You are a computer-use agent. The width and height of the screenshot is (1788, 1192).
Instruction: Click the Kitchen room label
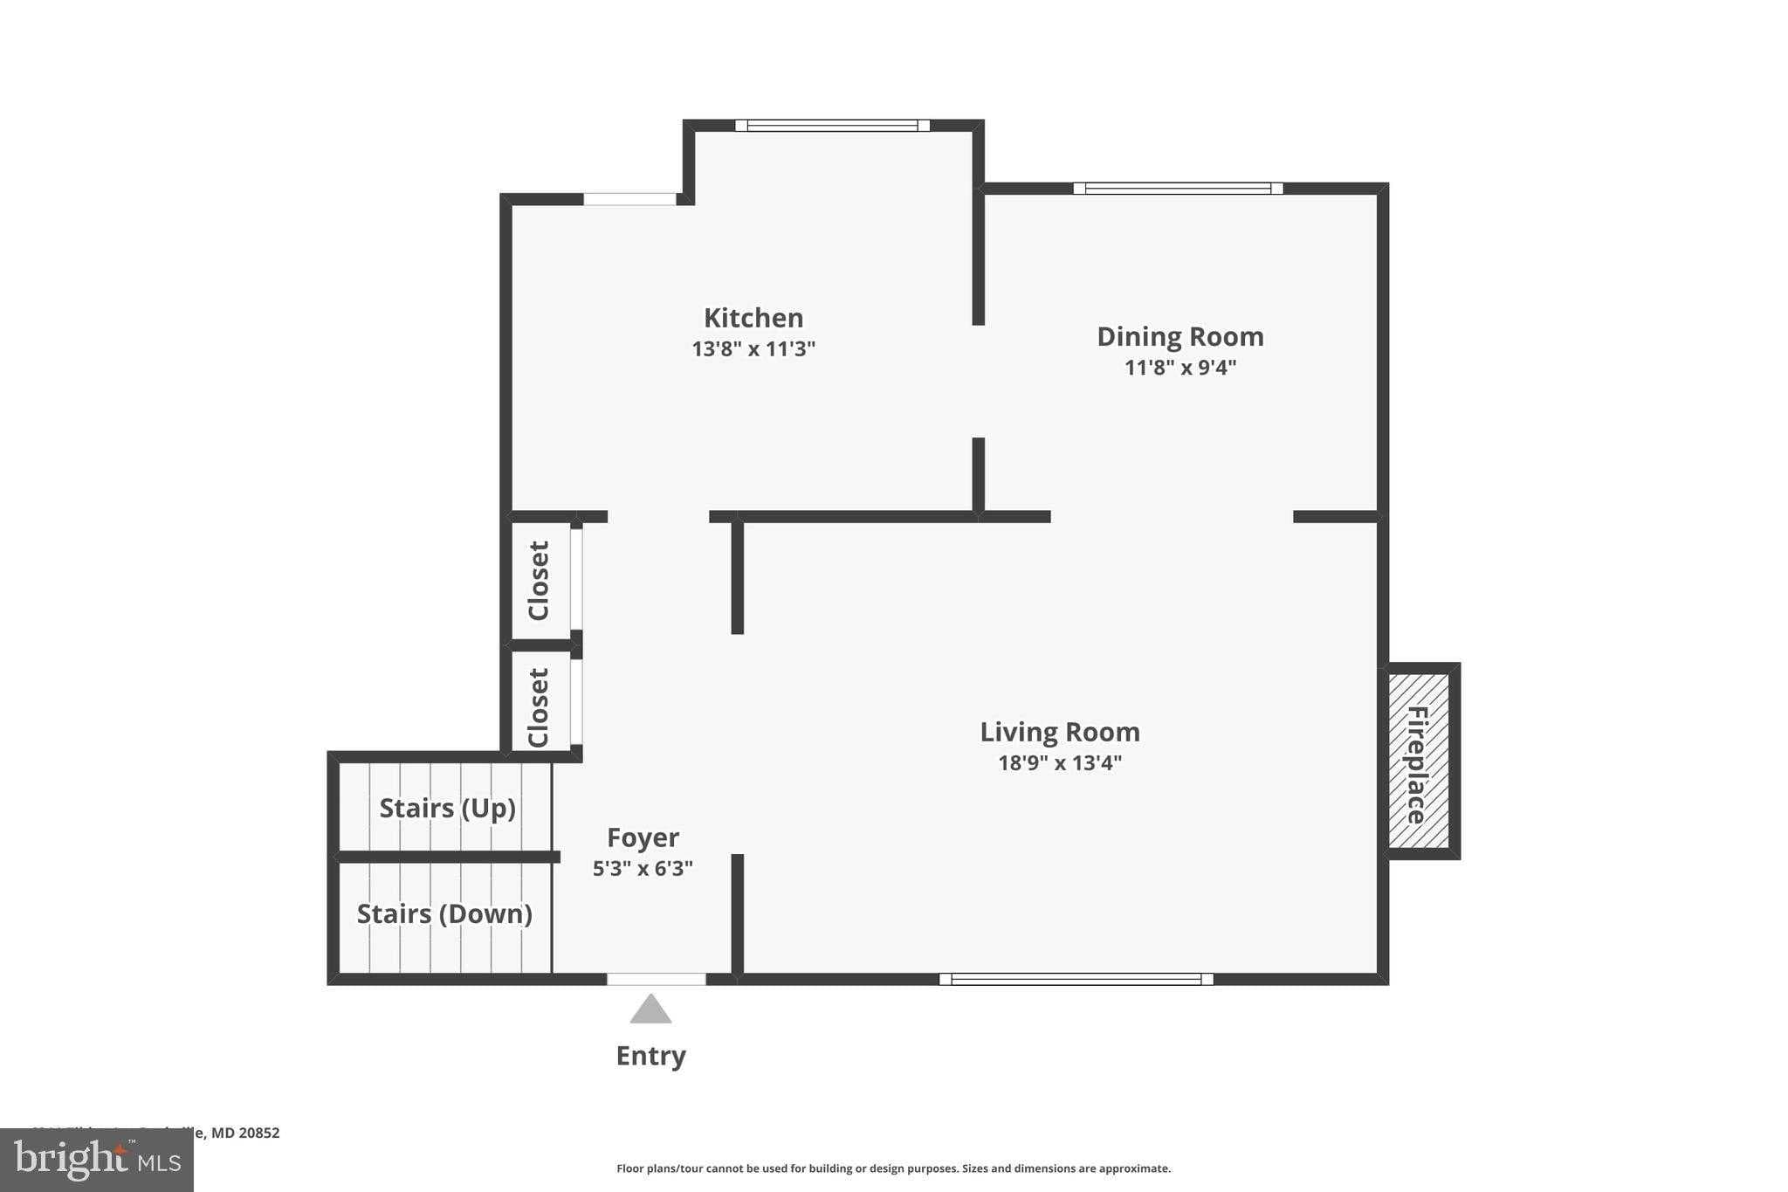pos(753,318)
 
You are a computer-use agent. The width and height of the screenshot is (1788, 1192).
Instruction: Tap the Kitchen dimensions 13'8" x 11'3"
pos(753,349)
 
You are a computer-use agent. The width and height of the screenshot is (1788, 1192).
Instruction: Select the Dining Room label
pos(1179,336)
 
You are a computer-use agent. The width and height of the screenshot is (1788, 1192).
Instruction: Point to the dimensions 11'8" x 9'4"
pos(1179,368)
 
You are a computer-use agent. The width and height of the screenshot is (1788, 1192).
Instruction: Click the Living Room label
pos(1059,732)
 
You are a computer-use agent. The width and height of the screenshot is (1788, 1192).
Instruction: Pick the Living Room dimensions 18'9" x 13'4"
pos(1059,763)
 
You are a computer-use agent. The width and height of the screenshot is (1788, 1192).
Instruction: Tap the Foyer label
pos(643,837)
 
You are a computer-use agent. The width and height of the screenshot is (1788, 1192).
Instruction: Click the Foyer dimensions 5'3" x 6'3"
pos(643,869)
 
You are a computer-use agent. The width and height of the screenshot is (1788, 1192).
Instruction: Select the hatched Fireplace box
pos(1419,761)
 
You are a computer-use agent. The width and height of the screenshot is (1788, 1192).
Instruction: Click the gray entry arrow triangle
pos(650,1009)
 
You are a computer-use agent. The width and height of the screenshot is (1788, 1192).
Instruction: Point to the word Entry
pos(650,1056)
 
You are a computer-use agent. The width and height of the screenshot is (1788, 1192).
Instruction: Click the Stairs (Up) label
pos(447,808)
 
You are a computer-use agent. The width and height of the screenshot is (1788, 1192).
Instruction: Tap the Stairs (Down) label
pos(444,913)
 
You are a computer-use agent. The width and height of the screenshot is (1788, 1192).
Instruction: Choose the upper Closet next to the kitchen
pos(540,581)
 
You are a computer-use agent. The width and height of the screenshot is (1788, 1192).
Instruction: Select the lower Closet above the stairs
pos(540,707)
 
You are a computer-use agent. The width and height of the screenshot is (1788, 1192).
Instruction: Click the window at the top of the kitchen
pos(832,126)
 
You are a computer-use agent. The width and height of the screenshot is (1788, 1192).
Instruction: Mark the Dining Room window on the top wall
pos(1177,189)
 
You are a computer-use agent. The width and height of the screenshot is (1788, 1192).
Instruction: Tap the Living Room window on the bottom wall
pos(1076,980)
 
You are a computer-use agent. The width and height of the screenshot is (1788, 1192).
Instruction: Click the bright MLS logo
pos(97,1161)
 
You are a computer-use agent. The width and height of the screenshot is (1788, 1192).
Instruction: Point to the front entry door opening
pos(656,980)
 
